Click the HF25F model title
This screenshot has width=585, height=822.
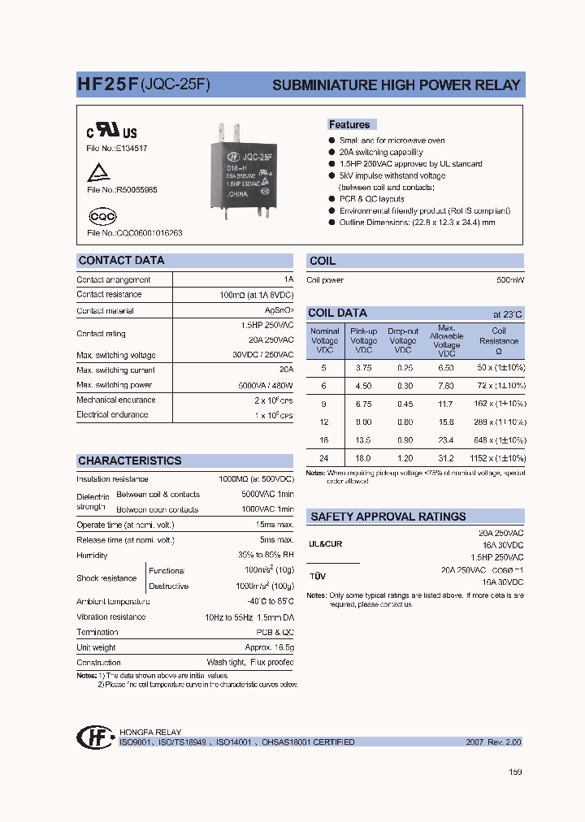(x=107, y=84)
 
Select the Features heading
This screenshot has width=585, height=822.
(x=349, y=124)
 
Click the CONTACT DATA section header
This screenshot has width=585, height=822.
(x=120, y=261)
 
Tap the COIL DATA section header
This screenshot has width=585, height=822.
(x=337, y=313)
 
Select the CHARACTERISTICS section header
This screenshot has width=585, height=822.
(x=129, y=461)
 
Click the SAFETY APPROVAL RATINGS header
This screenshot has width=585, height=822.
(x=388, y=517)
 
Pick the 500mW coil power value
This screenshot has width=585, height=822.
(x=510, y=280)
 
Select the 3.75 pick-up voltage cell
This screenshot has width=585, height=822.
(x=363, y=367)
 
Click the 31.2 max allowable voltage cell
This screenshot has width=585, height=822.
(x=446, y=458)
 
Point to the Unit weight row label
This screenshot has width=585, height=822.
(x=96, y=647)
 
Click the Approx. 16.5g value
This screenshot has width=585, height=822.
(x=270, y=647)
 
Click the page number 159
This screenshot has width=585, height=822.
(x=515, y=772)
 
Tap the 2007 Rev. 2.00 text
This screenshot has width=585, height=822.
(x=493, y=742)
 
